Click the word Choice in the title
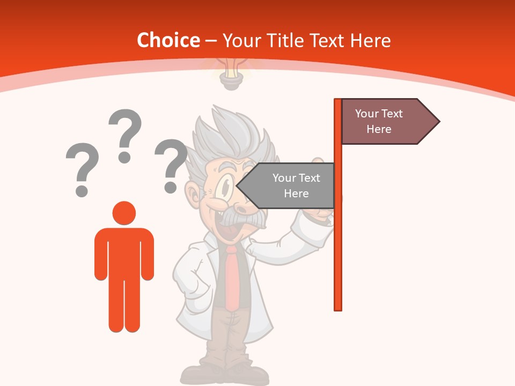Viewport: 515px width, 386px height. pos(168,40)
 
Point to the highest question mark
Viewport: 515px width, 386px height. pos(125,134)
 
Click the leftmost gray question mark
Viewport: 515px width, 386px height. pos(82,168)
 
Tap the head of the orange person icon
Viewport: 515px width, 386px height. pos(124,213)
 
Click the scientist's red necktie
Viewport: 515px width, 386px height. pos(232,276)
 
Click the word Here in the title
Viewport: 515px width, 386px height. pos(370,40)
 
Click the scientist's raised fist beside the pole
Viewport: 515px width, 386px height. pos(322,209)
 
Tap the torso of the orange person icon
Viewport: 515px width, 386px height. pos(124,252)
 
